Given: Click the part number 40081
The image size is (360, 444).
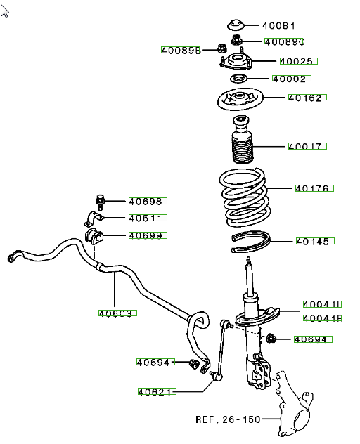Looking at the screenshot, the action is pos(278,26).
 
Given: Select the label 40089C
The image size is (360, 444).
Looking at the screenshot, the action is pos(284,41).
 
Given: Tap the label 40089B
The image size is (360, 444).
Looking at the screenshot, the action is pos(181,50).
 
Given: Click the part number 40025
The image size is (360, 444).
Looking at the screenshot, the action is pos(299,61).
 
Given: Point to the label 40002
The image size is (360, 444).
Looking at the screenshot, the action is pos(292,78).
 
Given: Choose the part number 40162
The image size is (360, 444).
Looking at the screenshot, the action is pos(307,98).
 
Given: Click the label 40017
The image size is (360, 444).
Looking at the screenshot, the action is pos(307,146).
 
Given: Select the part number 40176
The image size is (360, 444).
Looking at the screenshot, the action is pos(314,188).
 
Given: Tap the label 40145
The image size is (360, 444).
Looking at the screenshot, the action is pos(315,241).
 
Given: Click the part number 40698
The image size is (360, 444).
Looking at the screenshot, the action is pos(148,201).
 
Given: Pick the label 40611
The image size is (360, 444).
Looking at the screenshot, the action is pos(148,218).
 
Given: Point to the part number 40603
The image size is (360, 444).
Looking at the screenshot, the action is pos(117,313).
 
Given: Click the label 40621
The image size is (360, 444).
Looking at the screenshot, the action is pos(157,391).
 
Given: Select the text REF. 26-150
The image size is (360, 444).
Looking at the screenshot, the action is pos(228,419).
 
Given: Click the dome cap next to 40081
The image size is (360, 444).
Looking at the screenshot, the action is pos(236,25).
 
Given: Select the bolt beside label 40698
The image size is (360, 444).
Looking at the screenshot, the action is pos(100,202).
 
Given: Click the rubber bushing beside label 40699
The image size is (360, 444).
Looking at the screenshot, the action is pos(94,237).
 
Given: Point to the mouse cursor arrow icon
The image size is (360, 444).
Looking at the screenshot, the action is pos(4,11).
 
